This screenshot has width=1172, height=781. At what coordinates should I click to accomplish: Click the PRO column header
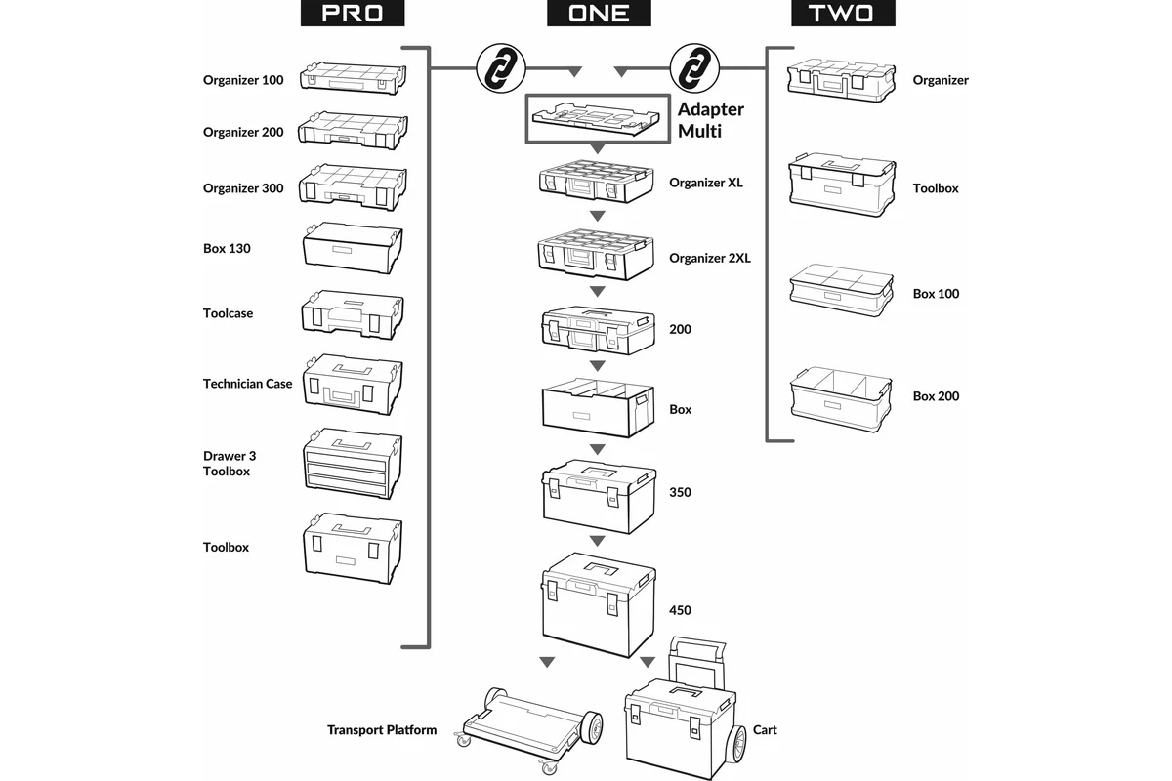351,15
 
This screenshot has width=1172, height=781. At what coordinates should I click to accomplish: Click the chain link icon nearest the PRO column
498,68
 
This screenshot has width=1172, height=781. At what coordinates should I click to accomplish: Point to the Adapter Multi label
710,119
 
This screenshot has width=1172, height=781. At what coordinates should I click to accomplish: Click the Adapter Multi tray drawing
597,118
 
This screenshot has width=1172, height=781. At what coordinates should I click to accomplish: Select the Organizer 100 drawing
353,78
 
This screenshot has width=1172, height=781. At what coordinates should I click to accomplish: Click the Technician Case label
247,384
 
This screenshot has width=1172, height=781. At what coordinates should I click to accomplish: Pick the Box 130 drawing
353,248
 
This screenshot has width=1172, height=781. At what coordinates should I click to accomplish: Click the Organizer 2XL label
710,259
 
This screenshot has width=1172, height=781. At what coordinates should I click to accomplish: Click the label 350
680,492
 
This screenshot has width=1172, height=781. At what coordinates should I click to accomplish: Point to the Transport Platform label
382,730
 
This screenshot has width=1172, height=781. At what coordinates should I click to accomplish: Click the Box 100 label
936,294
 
